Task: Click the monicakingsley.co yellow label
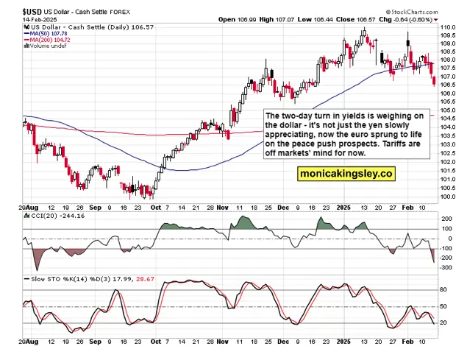coord(346,174)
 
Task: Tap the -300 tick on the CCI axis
coord(446,267)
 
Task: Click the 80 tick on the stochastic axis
coord(443,290)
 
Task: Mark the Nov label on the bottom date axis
coord(223,342)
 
